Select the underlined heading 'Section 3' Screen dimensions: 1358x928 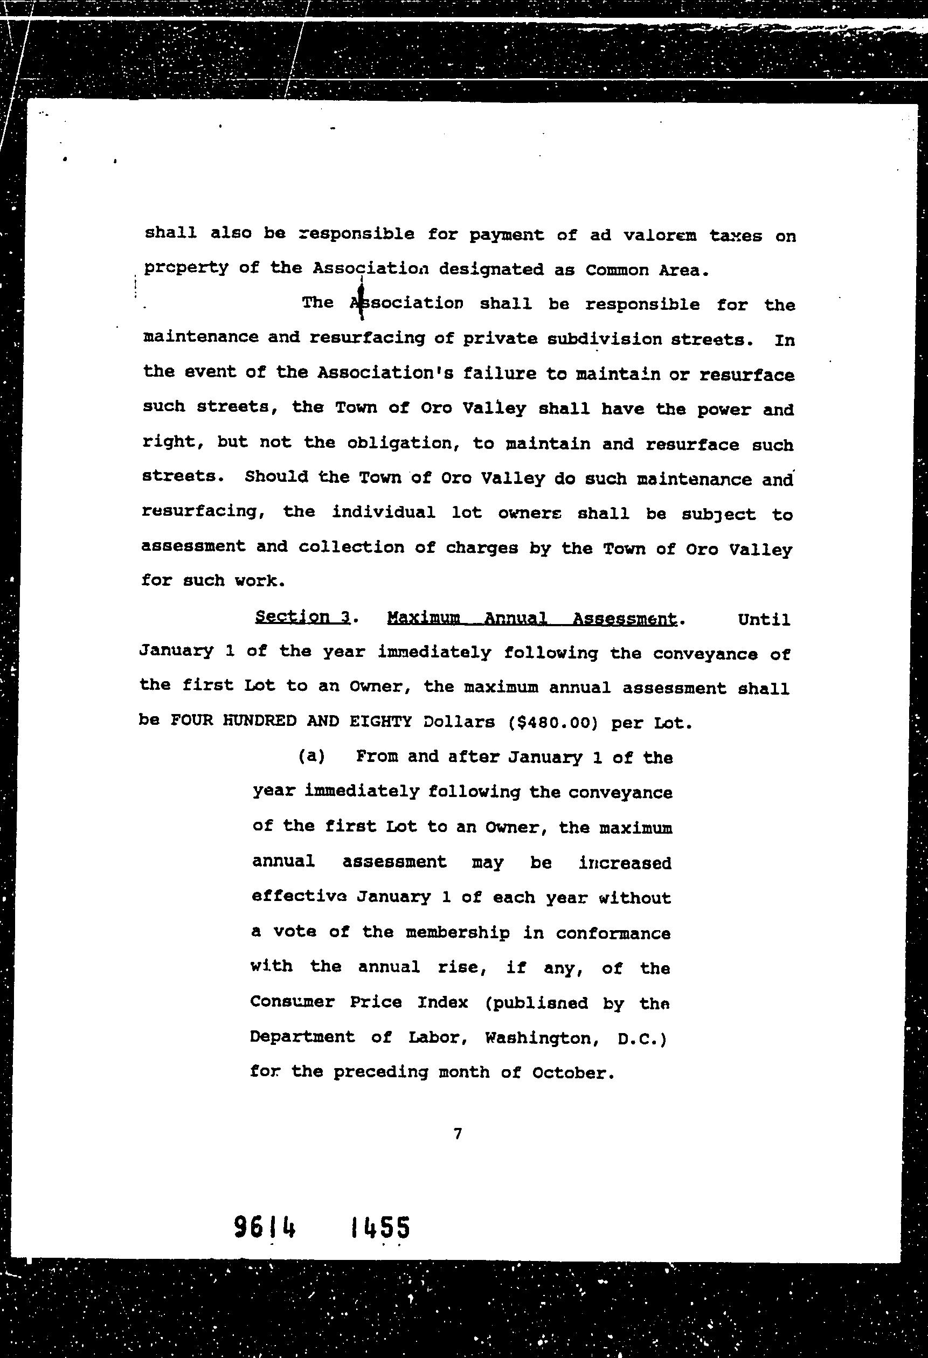click(x=303, y=617)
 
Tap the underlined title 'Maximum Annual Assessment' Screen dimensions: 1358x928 click(x=532, y=618)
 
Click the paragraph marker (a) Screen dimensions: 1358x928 click(x=311, y=756)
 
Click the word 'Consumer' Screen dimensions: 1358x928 click(x=292, y=1002)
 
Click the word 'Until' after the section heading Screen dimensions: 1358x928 click(x=764, y=619)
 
